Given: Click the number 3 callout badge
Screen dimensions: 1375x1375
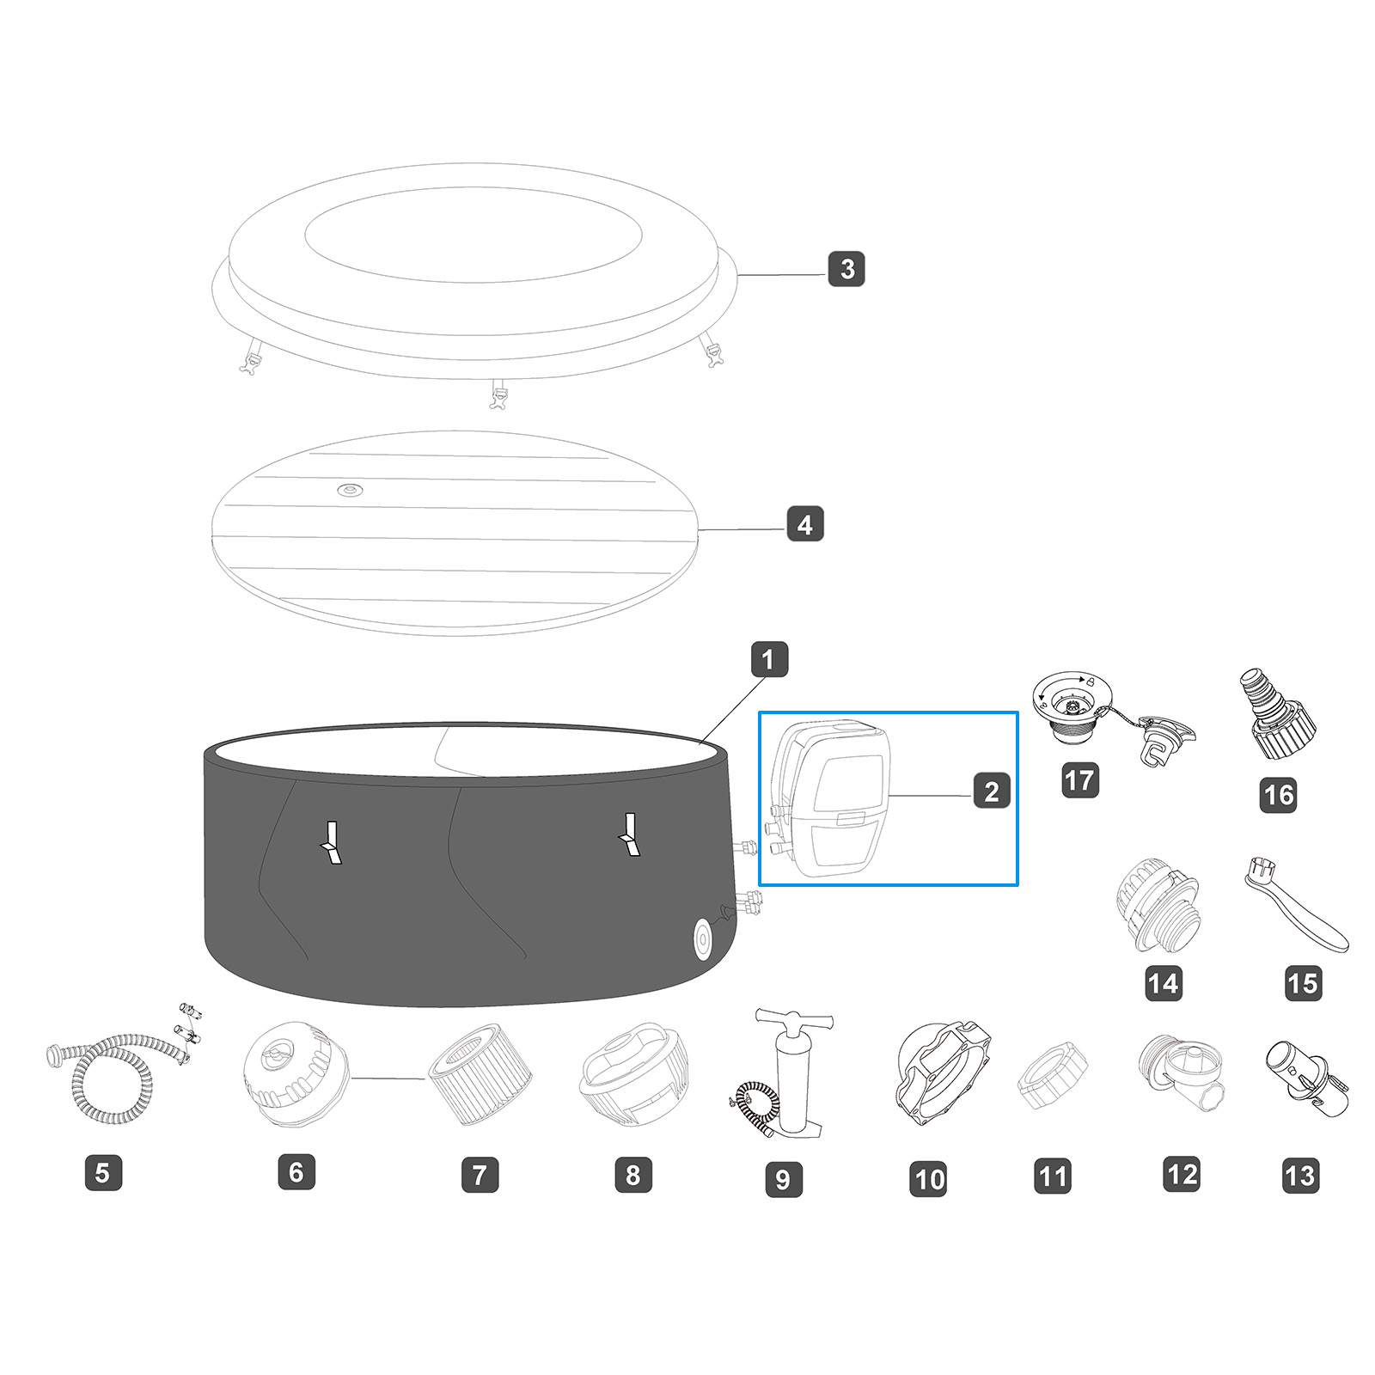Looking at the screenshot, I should coord(846,269).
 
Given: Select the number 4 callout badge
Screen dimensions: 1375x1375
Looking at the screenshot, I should coord(805,523).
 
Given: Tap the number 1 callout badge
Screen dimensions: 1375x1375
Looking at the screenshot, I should coord(768,660).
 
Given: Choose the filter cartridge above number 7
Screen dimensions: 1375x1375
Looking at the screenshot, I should coord(480,1074).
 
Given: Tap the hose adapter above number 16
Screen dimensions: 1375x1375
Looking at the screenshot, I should coord(1275,715).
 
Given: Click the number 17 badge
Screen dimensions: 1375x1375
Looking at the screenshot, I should coord(1079,780).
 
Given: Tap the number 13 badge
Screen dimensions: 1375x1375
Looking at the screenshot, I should coord(1300,1175).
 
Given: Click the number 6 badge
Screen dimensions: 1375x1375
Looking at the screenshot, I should coord(296,1172).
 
